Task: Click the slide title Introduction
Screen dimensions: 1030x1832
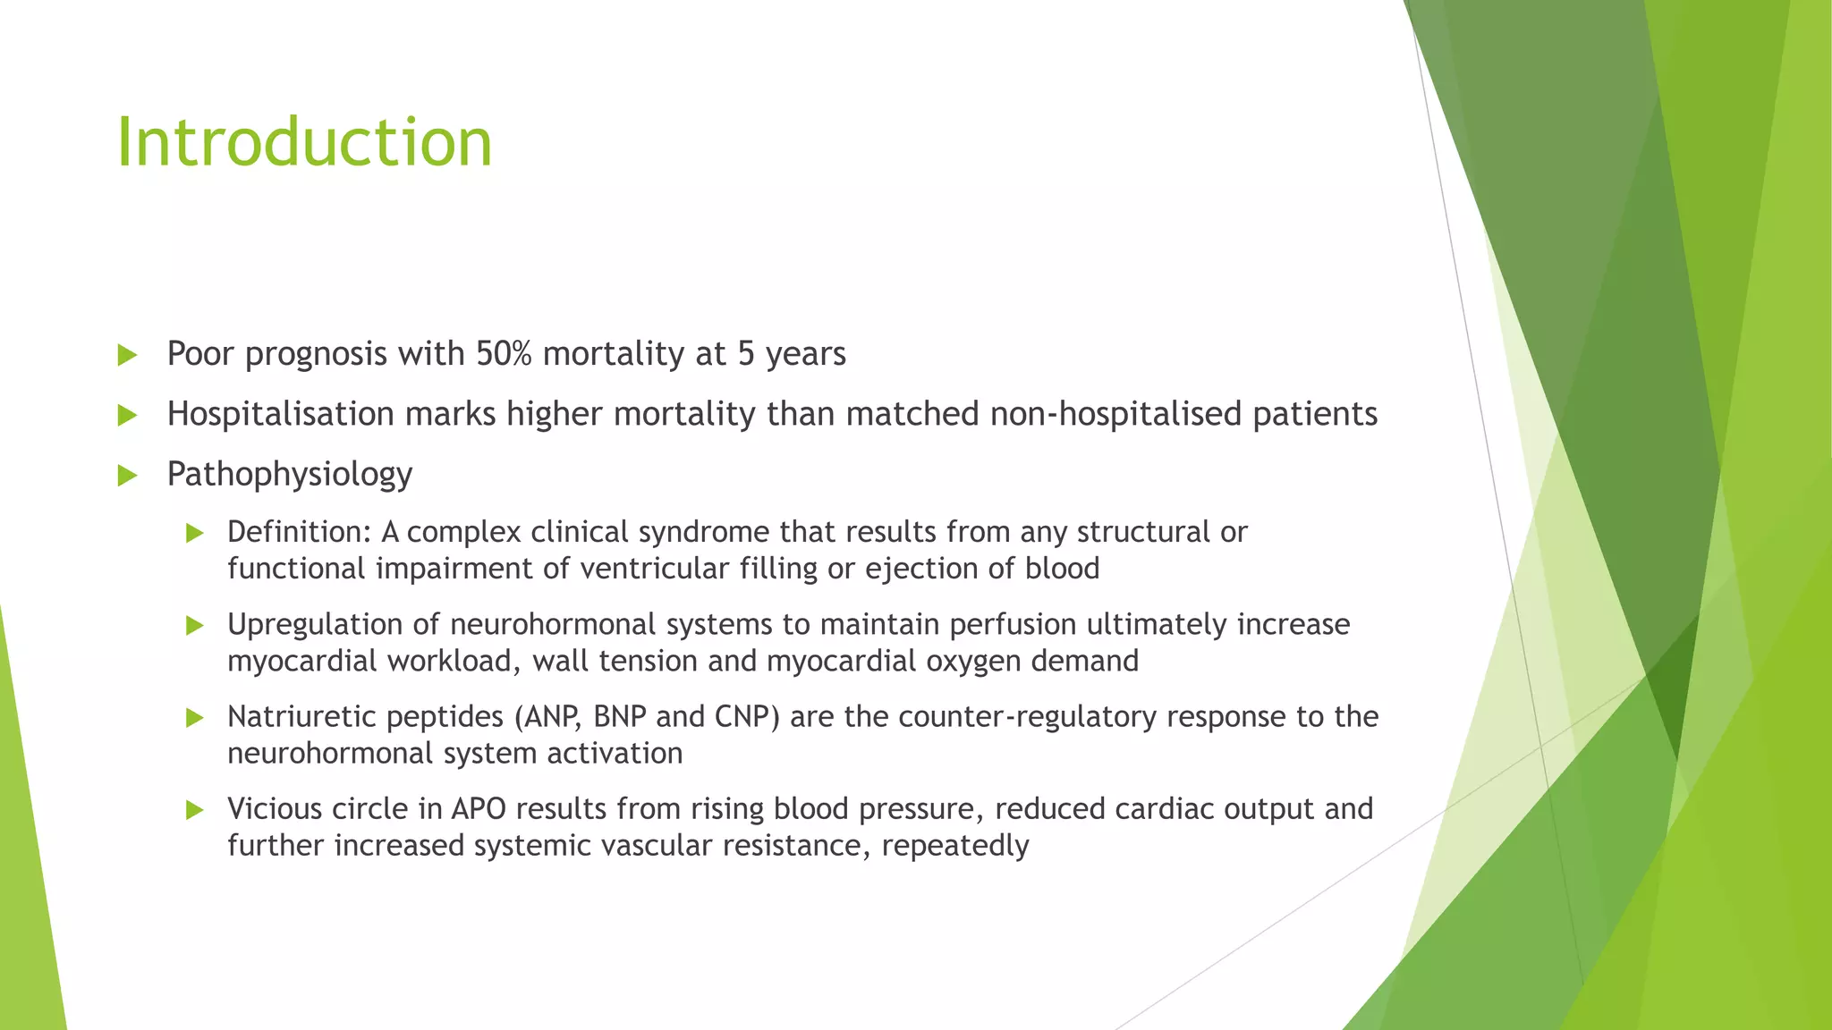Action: point(304,142)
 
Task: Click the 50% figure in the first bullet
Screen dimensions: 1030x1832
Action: point(504,354)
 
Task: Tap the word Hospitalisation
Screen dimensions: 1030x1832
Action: point(280,414)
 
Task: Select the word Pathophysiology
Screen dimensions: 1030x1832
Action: point(289,474)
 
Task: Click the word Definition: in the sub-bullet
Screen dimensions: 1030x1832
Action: point(299,532)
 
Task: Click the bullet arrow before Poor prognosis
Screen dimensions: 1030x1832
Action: point(127,355)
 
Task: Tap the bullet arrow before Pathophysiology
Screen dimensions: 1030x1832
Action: point(127,475)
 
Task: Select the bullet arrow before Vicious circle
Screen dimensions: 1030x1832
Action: point(195,810)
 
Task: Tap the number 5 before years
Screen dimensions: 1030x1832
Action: point(746,354)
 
